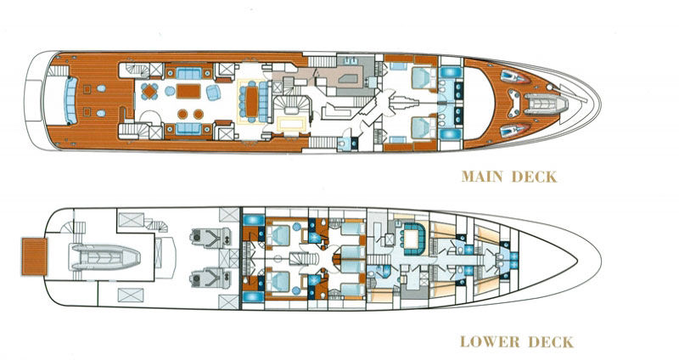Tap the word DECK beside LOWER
pos(551,341)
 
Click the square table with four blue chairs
pos(150,92)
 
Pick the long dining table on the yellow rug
pos(251,101)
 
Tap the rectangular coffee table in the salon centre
pos(188,92)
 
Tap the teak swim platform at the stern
pos(34,256)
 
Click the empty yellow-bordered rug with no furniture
pos(292,124)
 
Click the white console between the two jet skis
pos(514,104)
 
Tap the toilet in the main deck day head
pos(342,143)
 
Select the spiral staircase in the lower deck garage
pos(156,225)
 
